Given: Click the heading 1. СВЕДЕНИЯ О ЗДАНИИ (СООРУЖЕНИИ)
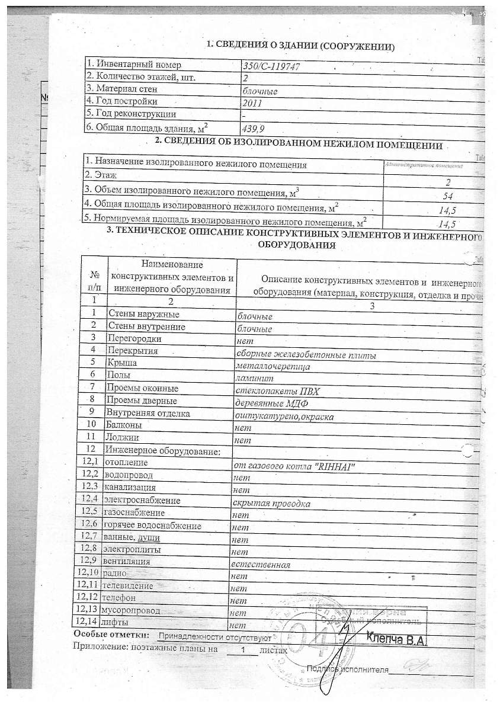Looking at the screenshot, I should point(300,46).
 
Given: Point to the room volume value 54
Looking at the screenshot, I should point(448,196).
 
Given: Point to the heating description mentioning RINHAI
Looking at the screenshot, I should point(294,466).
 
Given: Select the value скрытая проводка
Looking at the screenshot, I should point(271,504).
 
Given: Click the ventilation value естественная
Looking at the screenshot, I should point(261,565).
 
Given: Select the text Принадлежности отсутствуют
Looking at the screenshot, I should point(215,638).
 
